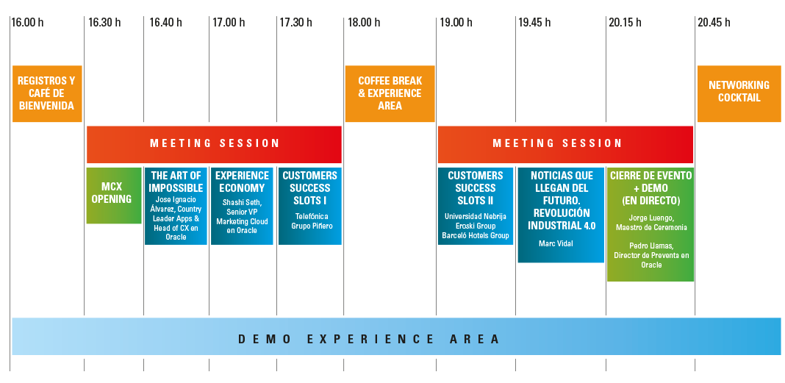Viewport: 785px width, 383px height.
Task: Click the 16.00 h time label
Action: coord(27,23)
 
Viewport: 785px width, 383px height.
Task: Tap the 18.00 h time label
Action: coord(364,23)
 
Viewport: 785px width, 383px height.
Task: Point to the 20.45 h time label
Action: coord(714,23)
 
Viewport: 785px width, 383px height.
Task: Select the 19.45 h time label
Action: coord(534,23)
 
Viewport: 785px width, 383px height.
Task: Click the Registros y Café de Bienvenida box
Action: coord(46,94)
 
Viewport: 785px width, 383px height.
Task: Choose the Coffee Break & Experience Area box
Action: coord(390,94)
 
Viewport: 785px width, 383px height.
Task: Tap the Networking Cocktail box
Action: coord(739,92)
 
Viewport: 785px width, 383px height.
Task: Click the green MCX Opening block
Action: coord(113,195)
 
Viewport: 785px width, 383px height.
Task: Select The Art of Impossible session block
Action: coord(176,206)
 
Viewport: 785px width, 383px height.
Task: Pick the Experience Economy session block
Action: coord(242,206)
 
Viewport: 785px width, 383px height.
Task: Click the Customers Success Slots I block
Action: coord(309,206)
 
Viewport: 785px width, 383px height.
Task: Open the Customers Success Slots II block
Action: coord(476,206)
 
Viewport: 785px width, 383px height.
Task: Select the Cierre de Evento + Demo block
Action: coord(650,224)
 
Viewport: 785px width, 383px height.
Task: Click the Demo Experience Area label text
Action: coord(369,339)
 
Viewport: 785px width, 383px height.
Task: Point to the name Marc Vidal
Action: coord(556,244)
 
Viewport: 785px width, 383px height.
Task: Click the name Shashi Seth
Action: coord(243,203)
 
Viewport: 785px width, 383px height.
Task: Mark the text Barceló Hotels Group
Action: coord(476,236)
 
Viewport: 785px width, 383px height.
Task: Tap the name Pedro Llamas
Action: coord(651,246)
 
